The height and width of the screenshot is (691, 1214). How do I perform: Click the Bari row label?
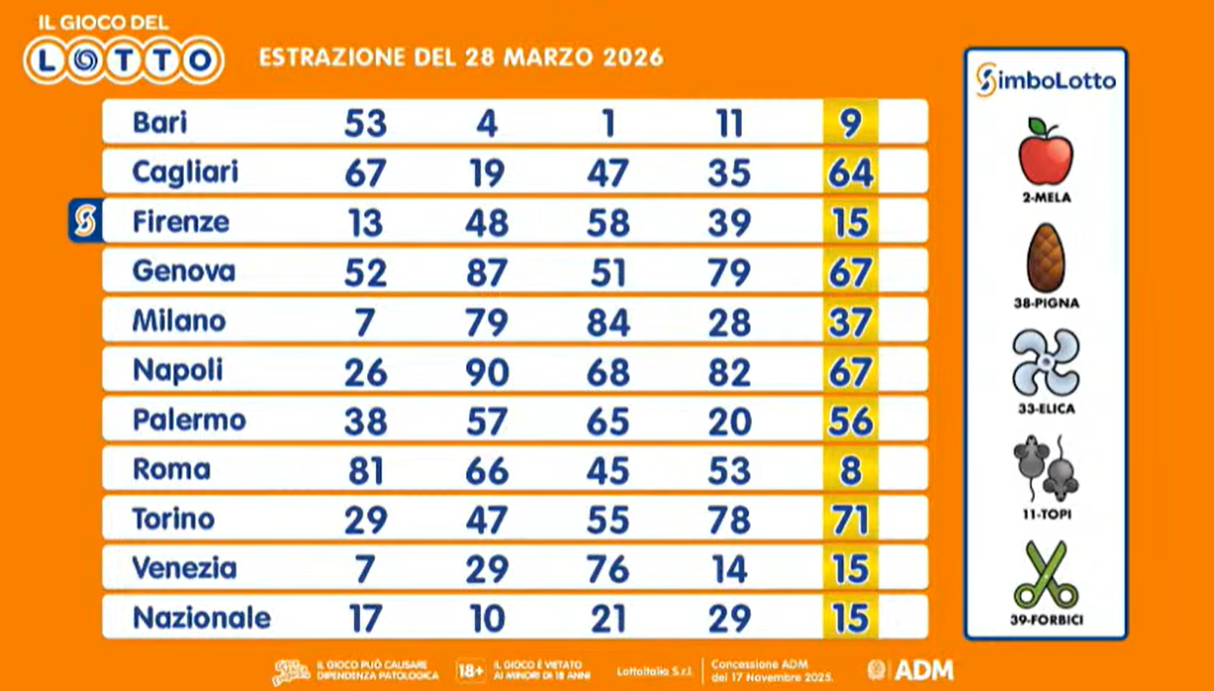click(159, 123)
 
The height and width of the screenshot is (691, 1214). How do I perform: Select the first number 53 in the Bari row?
click(365, 124)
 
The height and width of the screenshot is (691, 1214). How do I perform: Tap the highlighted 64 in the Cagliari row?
click(850, 173)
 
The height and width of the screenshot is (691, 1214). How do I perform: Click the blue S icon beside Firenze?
click(86, 221)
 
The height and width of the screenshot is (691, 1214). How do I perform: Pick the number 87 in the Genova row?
click(486, 272)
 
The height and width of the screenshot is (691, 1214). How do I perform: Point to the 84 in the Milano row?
click(607, 322)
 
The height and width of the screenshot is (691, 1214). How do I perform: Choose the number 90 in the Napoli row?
click(486, 371)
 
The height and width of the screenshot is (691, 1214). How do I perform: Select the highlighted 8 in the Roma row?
click(850, 470)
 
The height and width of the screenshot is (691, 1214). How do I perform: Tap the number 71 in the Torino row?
click(850, 520)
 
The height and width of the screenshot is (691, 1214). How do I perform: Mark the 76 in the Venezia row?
click(607, 569)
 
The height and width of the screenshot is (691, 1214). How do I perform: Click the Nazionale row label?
click(201, 618)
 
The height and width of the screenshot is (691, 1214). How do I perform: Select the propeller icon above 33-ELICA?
click(1046, 363)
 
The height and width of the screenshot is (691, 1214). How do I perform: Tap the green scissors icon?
click(1046, 574)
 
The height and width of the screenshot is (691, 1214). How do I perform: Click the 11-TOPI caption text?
click(1046, 515)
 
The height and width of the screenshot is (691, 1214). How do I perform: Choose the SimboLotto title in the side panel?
click(1046, 80)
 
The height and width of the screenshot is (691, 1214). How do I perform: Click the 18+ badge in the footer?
click(471, 670)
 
